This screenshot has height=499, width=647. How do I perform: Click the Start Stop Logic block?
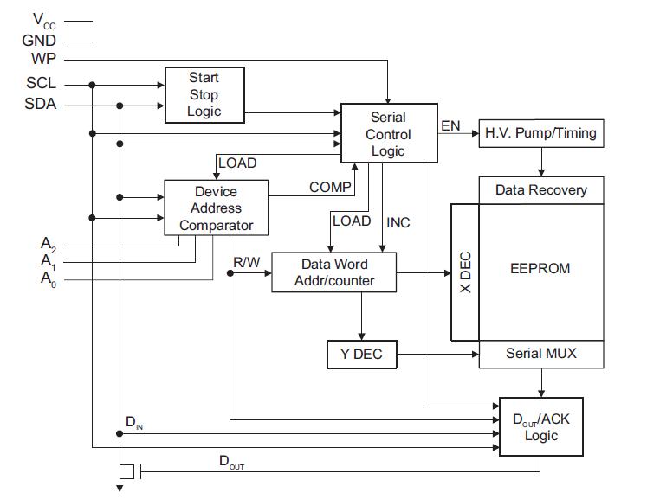(204, 94)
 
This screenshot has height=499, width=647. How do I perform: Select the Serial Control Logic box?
(387, 134)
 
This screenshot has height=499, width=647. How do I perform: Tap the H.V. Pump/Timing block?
(540, 134)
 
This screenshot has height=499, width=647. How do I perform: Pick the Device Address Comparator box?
(216, 208)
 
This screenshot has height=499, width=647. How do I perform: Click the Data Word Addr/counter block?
(333, 272)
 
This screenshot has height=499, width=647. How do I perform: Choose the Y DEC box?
(360, 354)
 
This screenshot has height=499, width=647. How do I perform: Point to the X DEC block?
(464, 272)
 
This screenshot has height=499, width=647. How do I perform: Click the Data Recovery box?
(540, 190)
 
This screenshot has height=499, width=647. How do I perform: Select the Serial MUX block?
(540, 354)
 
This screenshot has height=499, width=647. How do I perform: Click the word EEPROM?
(540, 268)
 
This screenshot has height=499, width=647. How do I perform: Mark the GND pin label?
(40, 40)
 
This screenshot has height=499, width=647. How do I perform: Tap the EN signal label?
(450, 126)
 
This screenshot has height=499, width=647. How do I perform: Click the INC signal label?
(398, 222)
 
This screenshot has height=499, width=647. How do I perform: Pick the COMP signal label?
(330, 187)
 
